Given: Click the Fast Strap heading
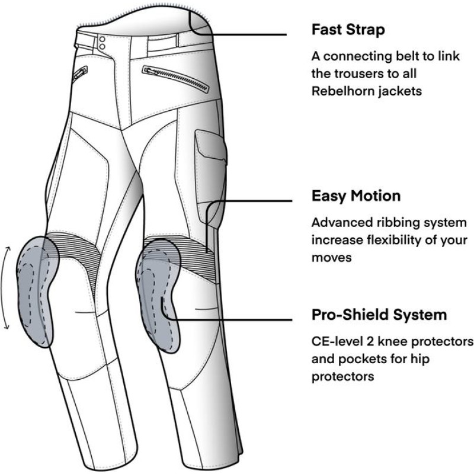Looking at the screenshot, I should click(x=349, y=30).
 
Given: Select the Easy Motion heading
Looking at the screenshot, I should click(x=356, y=196).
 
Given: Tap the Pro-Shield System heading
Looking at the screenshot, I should click(x=379, y=314).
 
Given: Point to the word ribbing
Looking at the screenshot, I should click(x=403, y=223).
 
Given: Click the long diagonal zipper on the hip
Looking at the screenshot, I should click(x=176, y=79).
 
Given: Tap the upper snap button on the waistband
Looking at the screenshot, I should click(x=102, y=39).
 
